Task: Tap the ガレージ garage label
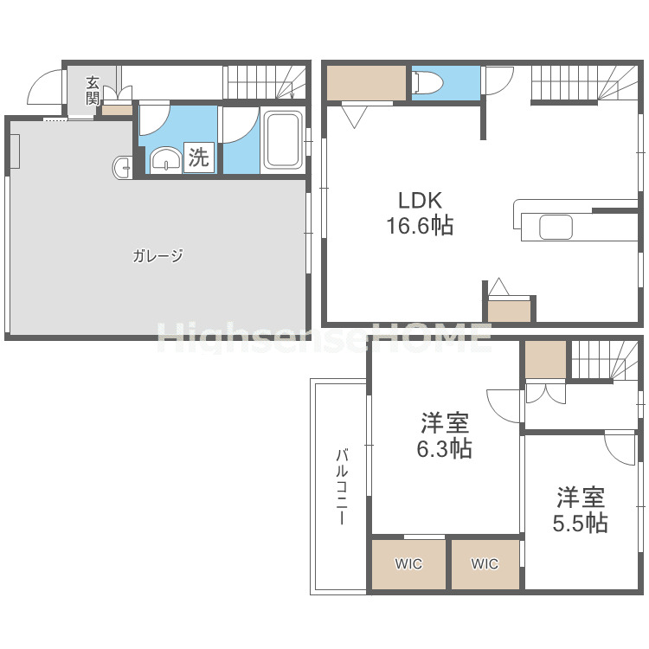coord(158,256)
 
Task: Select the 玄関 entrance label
coord(93,90)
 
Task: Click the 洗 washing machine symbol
coord(199,158)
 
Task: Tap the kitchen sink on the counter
coord(556,228)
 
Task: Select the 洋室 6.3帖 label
coord(446,436)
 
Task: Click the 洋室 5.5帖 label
coord(580,510)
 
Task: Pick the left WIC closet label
coord(408,564)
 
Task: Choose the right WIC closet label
coord(485,564)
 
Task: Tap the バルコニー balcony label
coord(342,487)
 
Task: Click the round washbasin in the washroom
coord(165,158)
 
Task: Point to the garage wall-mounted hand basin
coord(121,166)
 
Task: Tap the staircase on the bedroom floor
coord(604,359)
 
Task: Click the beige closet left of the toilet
coord(366,82)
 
